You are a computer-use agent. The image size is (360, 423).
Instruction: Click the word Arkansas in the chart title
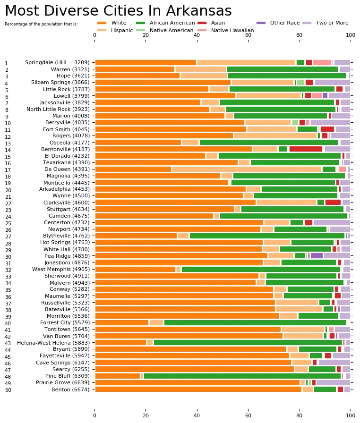(198, 11)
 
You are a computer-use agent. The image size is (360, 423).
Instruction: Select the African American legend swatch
(141, 23)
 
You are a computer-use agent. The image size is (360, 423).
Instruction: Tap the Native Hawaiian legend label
(232, 30)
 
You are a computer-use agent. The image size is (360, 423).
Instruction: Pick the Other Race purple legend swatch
(261, 23)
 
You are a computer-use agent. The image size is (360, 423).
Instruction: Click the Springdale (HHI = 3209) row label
(57, 62)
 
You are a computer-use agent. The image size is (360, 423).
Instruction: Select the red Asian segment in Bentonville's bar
(306, 149)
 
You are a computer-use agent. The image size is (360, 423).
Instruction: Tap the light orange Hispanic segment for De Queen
(247, 169)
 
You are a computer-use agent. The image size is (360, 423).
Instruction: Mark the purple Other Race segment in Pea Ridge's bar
(317, 256)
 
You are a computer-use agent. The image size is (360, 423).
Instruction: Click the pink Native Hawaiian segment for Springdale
(322, 63)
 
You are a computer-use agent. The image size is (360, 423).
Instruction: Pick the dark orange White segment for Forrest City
(122, 322)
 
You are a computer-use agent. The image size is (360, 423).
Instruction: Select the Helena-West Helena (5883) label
(53, 343)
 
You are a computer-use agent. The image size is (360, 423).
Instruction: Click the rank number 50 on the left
(8, 390)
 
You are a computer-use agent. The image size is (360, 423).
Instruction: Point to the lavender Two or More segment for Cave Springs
(334, 363)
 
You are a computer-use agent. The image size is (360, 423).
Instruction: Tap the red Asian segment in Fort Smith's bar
(327, 129)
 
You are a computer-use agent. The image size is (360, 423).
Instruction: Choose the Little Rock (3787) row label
(66, 89)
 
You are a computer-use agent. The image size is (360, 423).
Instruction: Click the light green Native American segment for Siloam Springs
(300, 83)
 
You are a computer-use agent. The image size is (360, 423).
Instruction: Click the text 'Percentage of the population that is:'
(41, 24)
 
